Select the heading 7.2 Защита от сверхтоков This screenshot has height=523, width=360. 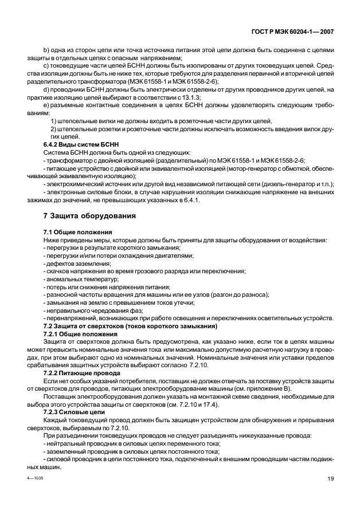(130, 326)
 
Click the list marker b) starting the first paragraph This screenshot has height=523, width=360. (46, 50)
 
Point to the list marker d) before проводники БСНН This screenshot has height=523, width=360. (46, 90)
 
